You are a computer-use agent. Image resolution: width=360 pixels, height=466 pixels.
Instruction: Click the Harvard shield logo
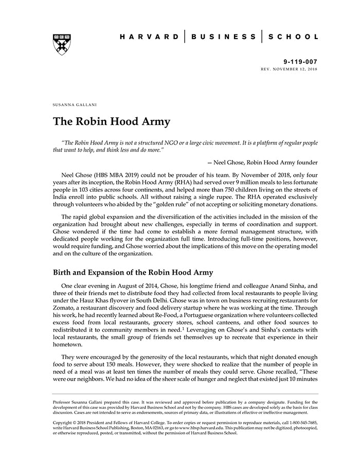click(x=61, y=44)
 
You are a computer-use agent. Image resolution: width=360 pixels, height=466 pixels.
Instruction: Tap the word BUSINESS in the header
click(x=223, y=37)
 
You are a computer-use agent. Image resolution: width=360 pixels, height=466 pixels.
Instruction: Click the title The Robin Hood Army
click(x=112, y=122)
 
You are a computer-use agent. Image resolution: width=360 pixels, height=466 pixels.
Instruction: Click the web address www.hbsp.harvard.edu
click(x=204, y=427)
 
